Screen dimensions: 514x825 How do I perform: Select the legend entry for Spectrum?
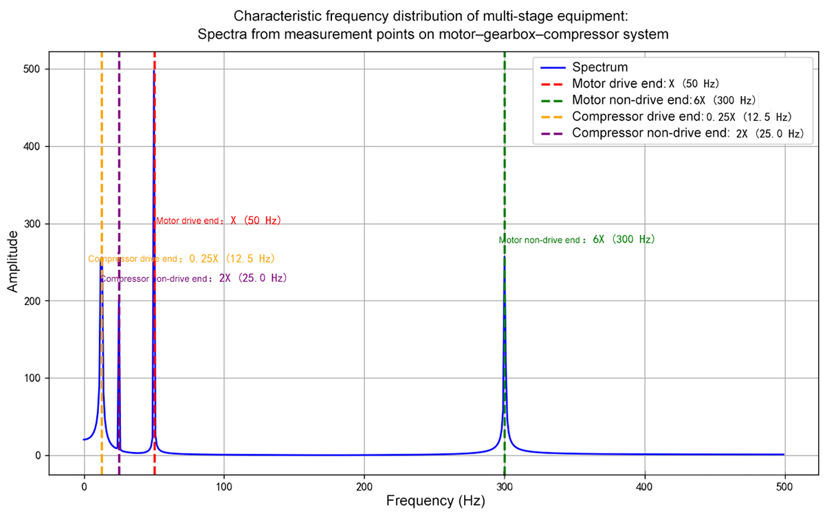(x=600, y=67)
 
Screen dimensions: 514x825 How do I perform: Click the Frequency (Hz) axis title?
(x=435, y=502)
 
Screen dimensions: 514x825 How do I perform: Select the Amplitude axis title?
(x=13, y=262)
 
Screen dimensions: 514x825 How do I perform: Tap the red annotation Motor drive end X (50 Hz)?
(x=219, y=221)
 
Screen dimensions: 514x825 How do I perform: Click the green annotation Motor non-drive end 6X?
(x=577, y=241)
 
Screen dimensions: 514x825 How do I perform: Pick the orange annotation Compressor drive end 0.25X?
(x=181, y=259)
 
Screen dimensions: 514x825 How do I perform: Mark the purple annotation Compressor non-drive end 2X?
(x=194, y=279)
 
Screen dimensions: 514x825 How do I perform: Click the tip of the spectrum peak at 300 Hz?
(x=505, y=256)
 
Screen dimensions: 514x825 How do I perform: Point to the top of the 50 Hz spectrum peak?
(x=153, y=70)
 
